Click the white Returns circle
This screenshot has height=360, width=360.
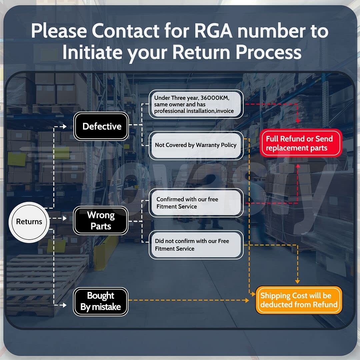pos(29,222)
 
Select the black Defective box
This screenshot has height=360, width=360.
pos(101,126)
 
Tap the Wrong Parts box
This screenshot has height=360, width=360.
pos(101,220)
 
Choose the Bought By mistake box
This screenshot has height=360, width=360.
pos(101,301)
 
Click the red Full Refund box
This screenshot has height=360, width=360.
pos(301,143)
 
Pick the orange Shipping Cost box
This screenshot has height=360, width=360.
pos(299,300)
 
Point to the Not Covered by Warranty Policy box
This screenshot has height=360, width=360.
pos(196,145)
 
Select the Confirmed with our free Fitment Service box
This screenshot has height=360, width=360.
pos(196,203)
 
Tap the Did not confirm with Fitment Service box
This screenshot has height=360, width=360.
pos(196,245)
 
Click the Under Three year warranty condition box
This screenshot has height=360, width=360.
pos(196,104)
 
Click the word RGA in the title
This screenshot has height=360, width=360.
pos(213,31)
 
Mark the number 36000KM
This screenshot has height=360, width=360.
pos(215,98)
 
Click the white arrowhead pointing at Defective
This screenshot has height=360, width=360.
pos(65,127)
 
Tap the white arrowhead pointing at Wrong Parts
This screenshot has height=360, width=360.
pos(65,218)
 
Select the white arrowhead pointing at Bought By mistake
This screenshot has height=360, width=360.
pos(65,305)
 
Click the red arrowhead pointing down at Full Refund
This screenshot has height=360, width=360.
pos(298,121)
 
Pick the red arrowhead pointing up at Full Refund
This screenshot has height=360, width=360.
pos(298,166)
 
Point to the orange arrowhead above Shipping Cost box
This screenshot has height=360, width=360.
pos(298,281)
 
